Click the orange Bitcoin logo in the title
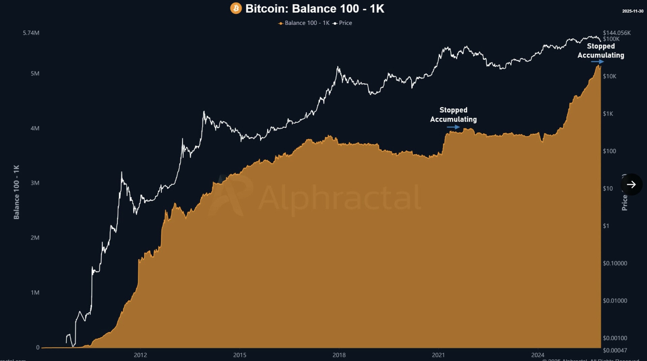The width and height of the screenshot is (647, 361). (236, 8)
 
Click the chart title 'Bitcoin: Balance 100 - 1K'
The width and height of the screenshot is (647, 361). (315, 9)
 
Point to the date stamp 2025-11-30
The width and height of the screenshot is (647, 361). (633, 11)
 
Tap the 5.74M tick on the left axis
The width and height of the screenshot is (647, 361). (31, 33)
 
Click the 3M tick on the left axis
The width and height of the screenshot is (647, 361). (35, 183)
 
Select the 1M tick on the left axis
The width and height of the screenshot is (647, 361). (35, 292)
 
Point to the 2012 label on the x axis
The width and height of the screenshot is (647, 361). (140, 355)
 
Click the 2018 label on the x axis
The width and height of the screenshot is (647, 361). (339, 355)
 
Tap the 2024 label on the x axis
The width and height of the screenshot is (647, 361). (537, 355)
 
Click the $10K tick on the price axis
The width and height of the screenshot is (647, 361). (610, 76)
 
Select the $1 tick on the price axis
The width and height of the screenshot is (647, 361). (606, 226)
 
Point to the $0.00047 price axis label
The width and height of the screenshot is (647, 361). (615, 351)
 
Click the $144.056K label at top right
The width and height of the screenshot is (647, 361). (617, 33)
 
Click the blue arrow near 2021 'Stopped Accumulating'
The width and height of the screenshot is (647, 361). (453, 127)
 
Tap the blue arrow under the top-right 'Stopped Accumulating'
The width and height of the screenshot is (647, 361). (597, 62)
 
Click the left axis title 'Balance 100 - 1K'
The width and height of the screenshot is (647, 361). (17, 192)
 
